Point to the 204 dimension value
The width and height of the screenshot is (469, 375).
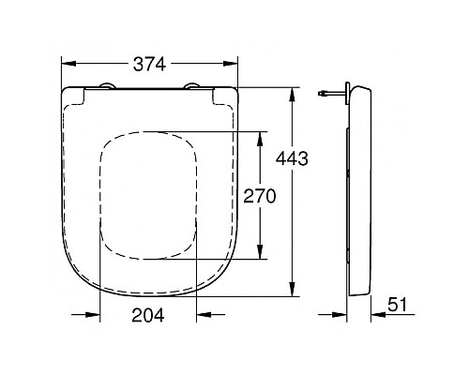[x=149, y=316]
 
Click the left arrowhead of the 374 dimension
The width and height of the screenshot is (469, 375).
[x=67, y=65]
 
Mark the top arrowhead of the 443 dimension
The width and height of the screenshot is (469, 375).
[x=293, y=93]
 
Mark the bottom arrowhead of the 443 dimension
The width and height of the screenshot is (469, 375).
[x=293, y=292]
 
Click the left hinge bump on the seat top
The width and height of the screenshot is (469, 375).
[x=104, y=88]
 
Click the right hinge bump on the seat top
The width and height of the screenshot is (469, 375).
[x=195, y=88]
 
